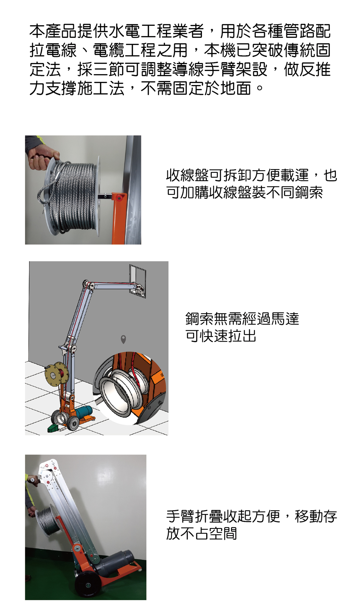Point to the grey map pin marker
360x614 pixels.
click(124, 339)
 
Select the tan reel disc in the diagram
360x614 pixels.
click(57, 375)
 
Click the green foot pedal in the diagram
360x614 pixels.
click(52, 428)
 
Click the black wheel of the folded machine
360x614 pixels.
click(88, 585)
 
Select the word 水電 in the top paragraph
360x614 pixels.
click(124, 31)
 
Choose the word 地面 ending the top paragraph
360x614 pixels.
click(236, 88)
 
